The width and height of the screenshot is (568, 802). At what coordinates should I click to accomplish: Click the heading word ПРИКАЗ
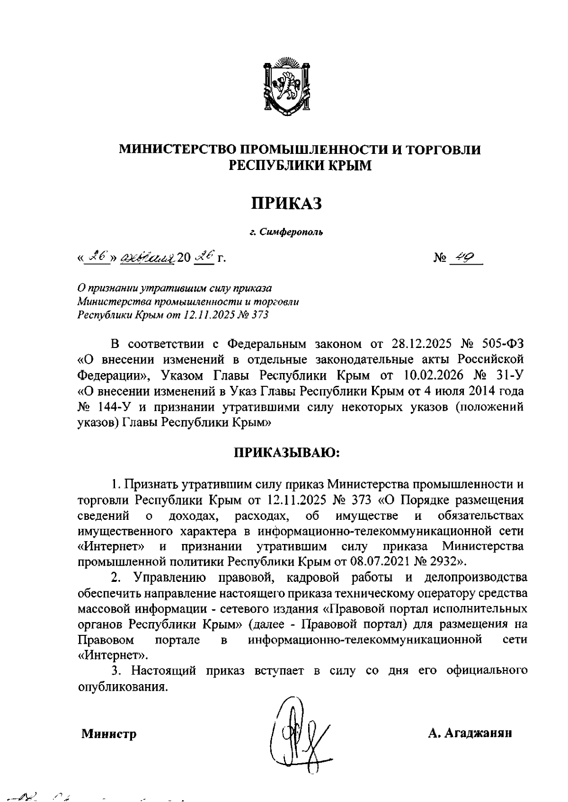(x=286, y=204)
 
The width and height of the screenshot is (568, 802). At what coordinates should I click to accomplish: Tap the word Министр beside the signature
(x=109, y=734)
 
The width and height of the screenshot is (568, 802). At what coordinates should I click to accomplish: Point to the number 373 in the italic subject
(x=259, y=315)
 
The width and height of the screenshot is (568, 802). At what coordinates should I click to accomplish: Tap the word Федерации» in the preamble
(x=114, y=375)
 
